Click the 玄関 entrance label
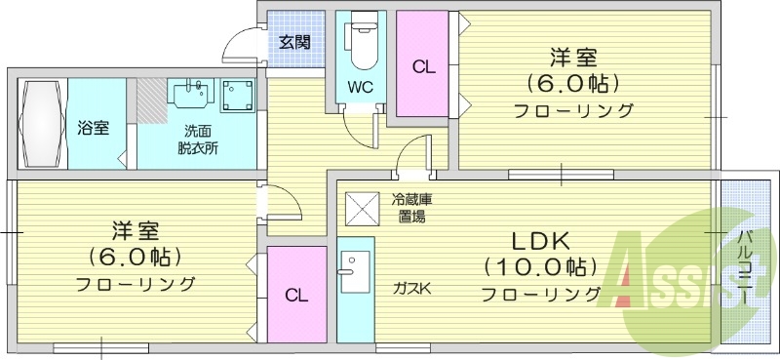tap(294, 42)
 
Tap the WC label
tap(360, 88)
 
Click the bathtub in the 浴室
tap(42, 124)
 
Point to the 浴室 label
tap(93, 128)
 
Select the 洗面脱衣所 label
tap(198, 140)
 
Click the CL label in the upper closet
tap(424, 67)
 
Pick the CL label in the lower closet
tap(296, 296)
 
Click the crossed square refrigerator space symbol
tap(363, 208)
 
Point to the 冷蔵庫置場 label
tap(410, 209)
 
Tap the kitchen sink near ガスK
tap(354, 272)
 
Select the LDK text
tap(541, 242)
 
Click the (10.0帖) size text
tap(541, 269)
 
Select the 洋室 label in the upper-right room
tap(573, 58)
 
